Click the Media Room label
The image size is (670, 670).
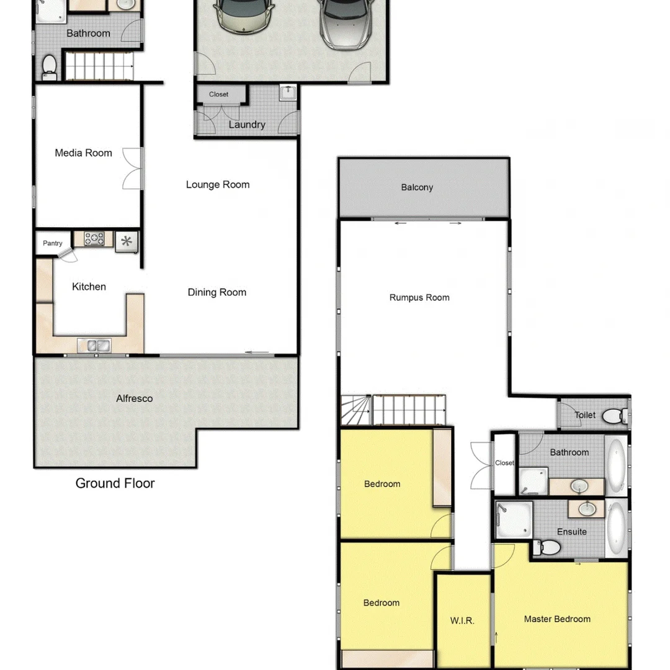click(x=83, y=153)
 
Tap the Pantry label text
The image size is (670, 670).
click(x=52, y=243)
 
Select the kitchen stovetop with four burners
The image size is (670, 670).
click(x=94, y=239)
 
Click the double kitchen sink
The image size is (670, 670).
click(x=94, y=344)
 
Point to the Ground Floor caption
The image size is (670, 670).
click(x=115, y=483)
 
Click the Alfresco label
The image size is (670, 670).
click(x=135, y=398)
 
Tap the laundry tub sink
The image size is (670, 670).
click(x=288, y=93)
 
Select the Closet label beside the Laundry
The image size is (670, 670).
click(x=218, y=94)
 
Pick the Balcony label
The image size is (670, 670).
click(x=417, y=187)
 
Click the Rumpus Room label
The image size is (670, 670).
click(x=419, y=297)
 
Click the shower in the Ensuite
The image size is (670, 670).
click(x=514, y=521)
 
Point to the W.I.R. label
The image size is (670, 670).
click(x=462, y=620)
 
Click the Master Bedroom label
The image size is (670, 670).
click(x=557, y=619)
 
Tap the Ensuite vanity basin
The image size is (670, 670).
click(x=586, y=509)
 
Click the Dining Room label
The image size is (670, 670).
click(x=217, y=292)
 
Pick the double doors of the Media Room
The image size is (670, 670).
click(x=133, y=169)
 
